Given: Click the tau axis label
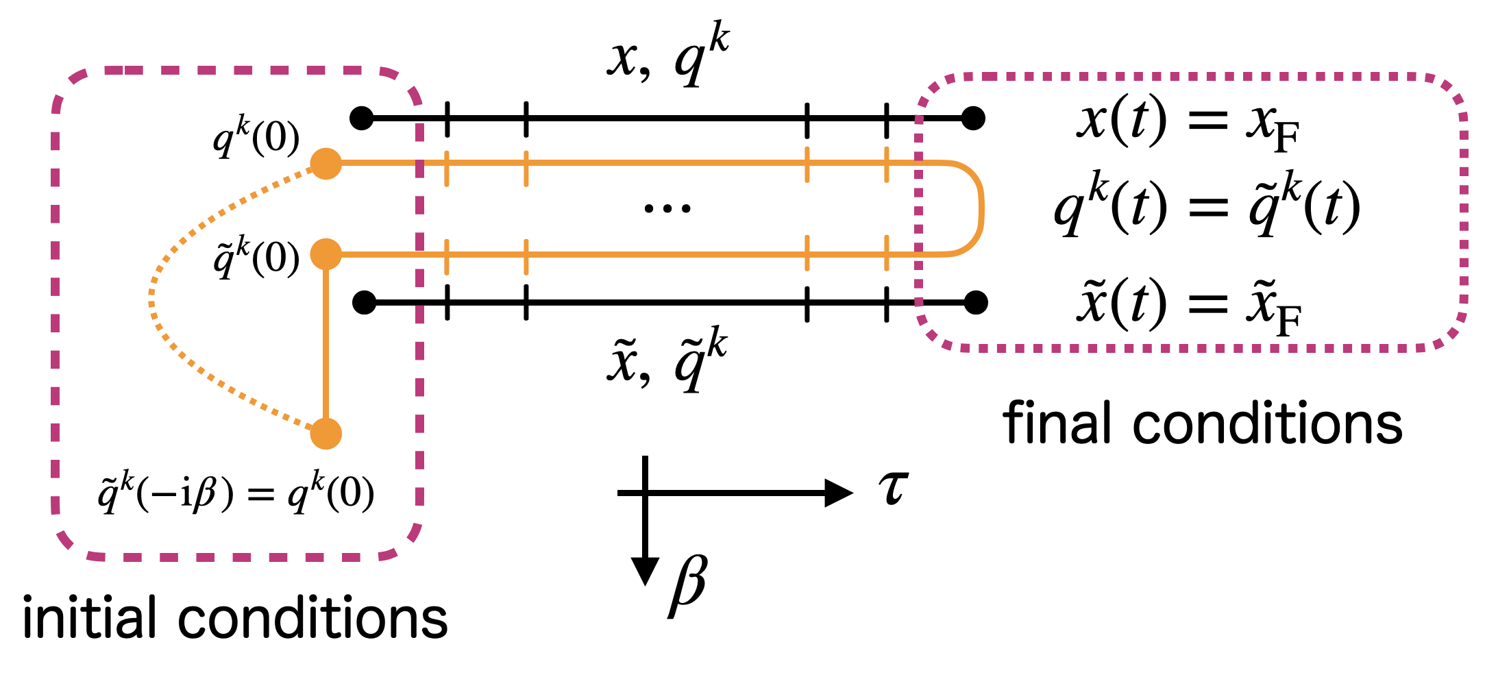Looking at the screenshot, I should [x=893, y=489].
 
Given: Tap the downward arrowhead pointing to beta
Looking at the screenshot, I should [x=645, y=570].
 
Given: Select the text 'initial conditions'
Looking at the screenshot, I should [x=235, y=618].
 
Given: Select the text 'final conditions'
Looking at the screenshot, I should [x=1203, y=423].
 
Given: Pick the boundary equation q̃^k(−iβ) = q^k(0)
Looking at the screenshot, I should [x=236, y=492].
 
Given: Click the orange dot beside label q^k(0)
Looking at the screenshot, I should [x=326, y=163].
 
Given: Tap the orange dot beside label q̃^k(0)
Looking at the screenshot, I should [x=326, y=254].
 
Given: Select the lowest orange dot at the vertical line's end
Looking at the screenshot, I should [x=326, y=434].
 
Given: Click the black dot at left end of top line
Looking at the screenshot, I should [x=362, y=119].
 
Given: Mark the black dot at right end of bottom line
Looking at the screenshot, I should [x=975, y=301].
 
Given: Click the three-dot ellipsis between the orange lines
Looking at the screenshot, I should [x=667, y=208].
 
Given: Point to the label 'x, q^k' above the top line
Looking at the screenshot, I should [x=668, y=55].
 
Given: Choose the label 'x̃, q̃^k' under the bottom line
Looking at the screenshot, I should [x=667, y=360].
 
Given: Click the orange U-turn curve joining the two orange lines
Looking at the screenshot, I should [x=981, y=208].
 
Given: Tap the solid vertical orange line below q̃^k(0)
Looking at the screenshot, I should [x=326, y=343].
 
